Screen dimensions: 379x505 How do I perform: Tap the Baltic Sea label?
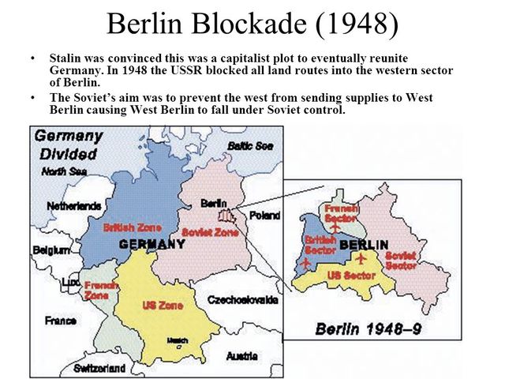tap(249, 146)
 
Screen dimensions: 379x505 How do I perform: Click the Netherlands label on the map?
tap(73, 206)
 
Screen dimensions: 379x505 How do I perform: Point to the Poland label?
tap(264, 215)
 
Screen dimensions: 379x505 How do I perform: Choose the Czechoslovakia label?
tap(242, 300)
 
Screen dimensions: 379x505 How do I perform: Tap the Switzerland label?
tap(99, 368)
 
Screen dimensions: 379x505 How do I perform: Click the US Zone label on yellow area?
tap(161, 305)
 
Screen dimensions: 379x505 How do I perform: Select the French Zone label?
tap(97, 290)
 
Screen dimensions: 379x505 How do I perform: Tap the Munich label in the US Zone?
tap(177, 340)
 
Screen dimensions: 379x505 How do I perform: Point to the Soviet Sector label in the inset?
tap(401, 261)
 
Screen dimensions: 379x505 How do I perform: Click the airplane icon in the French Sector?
tap(335, 227)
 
